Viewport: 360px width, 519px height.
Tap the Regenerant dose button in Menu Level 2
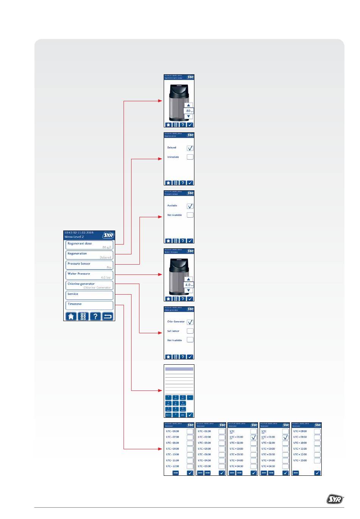point(89,245)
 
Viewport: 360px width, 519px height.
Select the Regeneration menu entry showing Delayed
point(89,255)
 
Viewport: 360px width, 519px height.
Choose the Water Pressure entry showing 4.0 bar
point(89,275)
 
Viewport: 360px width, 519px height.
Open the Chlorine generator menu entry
point(89,285)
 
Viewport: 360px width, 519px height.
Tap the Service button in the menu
point(89,295)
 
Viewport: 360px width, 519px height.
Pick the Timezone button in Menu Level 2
point(89,305)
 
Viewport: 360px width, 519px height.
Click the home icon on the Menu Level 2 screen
point(71,316)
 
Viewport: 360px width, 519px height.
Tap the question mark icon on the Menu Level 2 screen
point(95,316)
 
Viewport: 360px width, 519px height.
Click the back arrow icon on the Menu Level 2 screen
point(108,316)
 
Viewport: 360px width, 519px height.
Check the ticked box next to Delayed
point(190,148)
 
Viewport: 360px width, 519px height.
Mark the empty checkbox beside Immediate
point(190,157)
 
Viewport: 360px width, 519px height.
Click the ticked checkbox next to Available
point(190,206)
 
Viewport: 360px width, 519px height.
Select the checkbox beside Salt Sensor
point(190,331)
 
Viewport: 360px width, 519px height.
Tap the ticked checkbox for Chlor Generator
point(190,322)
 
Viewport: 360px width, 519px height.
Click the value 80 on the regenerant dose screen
point(188,111)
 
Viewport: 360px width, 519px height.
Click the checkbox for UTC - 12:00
point(190,466)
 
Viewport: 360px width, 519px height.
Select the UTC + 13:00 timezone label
point(300,461)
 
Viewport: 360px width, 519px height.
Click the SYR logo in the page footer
point(335,500)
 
